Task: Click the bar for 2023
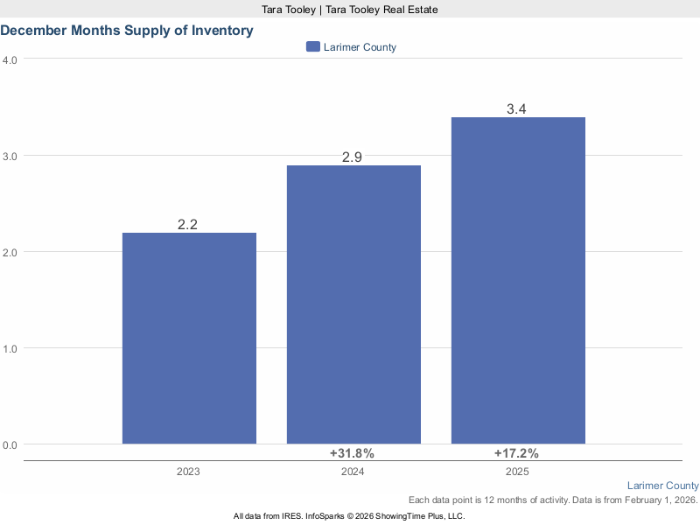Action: pos(189,338)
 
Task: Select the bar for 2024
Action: pos(353,304)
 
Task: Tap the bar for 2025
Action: pos(518,280)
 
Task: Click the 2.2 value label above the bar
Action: pos(187,225)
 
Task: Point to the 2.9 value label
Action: pos(352,157)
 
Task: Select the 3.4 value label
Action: pos(516,109)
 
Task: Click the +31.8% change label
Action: pos(352,453)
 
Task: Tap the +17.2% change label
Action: pos(516,453)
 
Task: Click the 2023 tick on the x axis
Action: pos(187,472)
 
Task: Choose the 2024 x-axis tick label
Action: pos(352,472)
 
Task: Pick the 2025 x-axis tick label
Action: pos(516,472)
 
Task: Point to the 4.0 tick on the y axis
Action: pos(10,59)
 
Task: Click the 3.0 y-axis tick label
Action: pos(10,156)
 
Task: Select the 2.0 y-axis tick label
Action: pos(10,252)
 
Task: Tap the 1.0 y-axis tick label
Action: pos(10,348)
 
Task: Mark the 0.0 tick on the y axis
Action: pos(10,444)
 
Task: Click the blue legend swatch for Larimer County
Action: pos(313,47)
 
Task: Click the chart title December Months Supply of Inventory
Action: pos(127,31)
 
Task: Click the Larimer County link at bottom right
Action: pos(663,486)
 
